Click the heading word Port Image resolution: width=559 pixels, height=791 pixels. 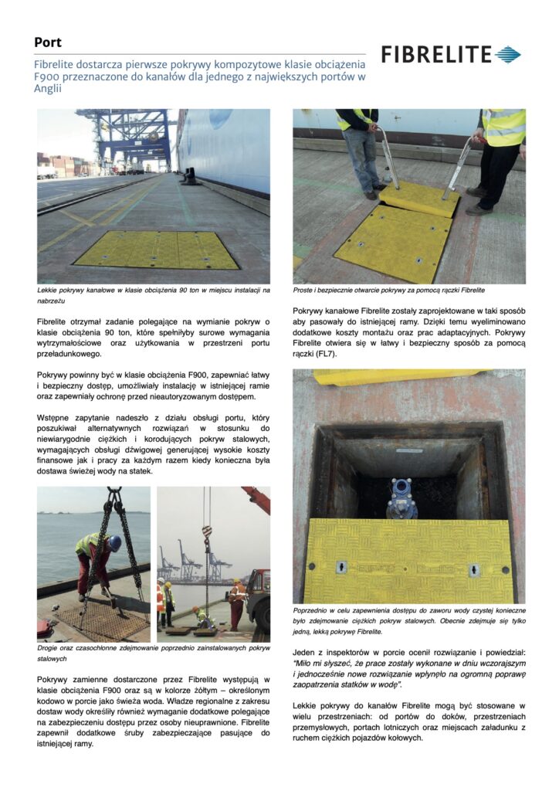pyautogui.click(x=48, y=42)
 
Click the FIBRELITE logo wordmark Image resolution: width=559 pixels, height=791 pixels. pyautogui.click(x=436, y=55)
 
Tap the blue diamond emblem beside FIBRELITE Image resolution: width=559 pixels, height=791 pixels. pyautogui.click(x=508, y=55)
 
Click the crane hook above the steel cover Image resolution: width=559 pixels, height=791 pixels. pyautogui.click(x=207, y=531)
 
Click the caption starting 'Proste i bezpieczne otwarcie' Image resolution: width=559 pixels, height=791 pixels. pyautogui.click(x=388, y=290)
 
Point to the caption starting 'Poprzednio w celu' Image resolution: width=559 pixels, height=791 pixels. pyautogui.click(x=408, y=620)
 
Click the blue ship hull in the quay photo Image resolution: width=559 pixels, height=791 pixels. pyautogui.click(x=224, y=147)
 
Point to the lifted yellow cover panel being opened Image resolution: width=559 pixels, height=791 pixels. pyautogui.click(x=418, y=198)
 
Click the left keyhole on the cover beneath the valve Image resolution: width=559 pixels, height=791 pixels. pyautogui.click(x=340, y=569)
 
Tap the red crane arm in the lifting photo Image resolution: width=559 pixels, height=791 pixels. pyautogui.click(x=257, y=498)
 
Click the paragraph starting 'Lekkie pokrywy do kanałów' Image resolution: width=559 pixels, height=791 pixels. pyautogui.click(x=408, y=721)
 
